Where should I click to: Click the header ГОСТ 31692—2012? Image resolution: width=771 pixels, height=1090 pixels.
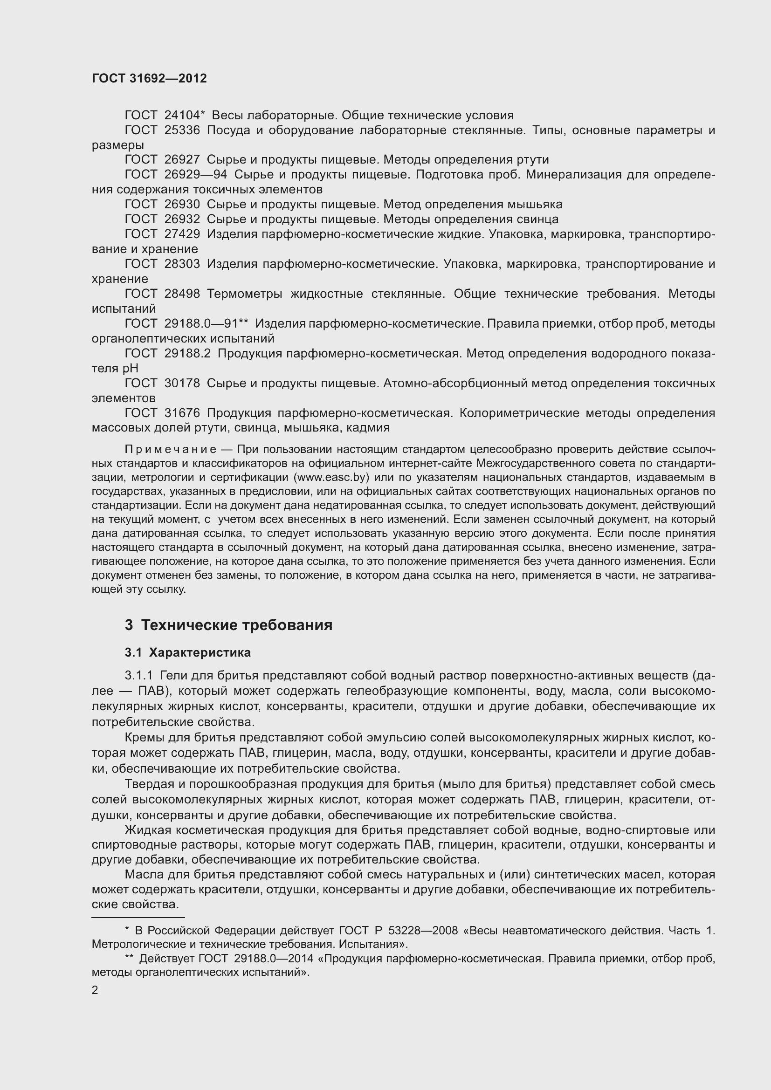click(x=149, y=79)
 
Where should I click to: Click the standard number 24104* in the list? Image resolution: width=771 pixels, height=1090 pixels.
click(x=184, y=116)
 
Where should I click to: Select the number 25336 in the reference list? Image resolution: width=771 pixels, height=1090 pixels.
click(x=182, y=130)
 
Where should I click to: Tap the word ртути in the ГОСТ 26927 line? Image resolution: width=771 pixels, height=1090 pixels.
click(x=534, y=159)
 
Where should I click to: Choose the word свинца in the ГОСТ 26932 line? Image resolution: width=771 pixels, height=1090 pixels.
click(x=538, y=219)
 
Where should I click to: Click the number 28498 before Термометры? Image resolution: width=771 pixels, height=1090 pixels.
click(x=182, y=294)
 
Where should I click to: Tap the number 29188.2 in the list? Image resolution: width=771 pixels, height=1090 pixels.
click(x=187, y=353)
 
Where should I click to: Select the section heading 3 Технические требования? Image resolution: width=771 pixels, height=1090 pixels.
click(x=228, y=625)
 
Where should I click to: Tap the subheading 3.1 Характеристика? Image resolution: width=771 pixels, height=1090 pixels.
click(x=187, y=653)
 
